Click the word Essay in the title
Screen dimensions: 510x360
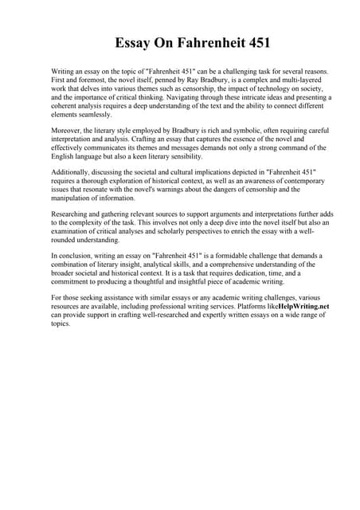tap(135, 42)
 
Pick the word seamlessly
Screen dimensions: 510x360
tap(93, 114)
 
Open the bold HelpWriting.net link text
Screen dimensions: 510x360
tap(301, 305)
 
